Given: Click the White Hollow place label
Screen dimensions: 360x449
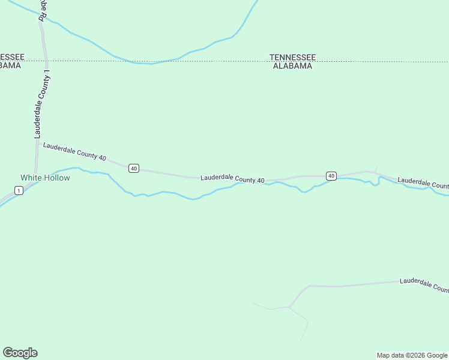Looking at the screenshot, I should click(x=45, y=178).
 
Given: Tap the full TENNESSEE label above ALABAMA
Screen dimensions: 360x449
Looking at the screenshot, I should click(x=292, y=58).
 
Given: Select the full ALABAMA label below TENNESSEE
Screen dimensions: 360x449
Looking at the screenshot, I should click(x=292, y=66).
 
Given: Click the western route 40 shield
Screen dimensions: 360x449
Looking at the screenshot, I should click(x=133, y=169).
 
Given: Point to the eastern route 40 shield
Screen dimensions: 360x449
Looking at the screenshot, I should click(x=331, y=176).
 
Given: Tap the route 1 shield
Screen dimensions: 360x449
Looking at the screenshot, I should click(x=19, y=191).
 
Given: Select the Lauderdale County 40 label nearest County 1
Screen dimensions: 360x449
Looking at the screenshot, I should click(x=74, y=152).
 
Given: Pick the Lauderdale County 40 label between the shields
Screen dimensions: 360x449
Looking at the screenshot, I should click(x=232, y=179).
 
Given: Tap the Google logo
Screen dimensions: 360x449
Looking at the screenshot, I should click(x=20, y=353).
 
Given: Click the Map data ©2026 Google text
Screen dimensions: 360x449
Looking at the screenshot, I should click(x=412, y=355).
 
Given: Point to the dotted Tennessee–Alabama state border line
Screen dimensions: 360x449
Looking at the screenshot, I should click(x=180, y=62).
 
